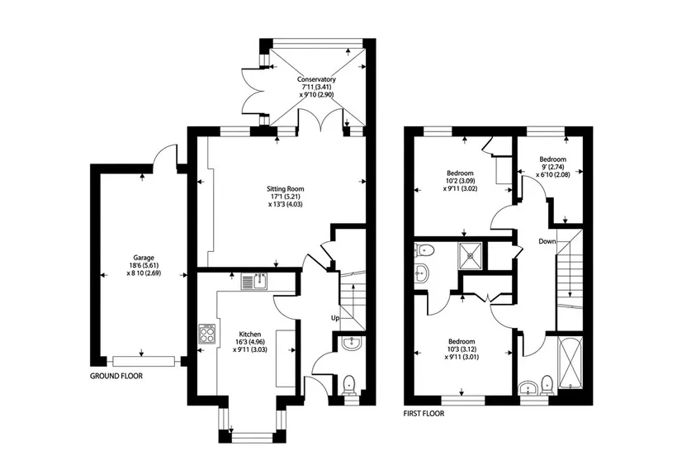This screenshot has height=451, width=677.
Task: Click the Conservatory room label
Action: coord(316,79)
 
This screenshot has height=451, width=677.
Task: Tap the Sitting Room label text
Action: coord(285,189)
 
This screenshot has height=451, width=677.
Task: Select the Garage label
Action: coord(144,258)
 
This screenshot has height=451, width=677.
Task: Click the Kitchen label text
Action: coord(250,335)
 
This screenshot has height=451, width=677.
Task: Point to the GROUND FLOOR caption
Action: coord(116,377)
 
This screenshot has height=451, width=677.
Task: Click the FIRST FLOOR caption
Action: coord(424,414)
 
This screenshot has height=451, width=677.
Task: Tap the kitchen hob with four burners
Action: coord(207,334)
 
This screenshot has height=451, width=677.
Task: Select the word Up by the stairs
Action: coord(335,318)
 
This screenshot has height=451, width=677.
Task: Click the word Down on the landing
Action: coord(547,241)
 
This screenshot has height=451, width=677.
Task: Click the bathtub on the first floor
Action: coord(570,363)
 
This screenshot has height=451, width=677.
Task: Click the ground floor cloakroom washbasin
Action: coord(353,344)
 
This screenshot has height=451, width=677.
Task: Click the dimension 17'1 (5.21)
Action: coord(285,197)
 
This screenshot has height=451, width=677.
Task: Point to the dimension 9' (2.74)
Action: coord(552,167)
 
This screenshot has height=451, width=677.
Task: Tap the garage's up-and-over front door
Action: coord(144,361)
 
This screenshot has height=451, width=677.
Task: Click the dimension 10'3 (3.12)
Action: coord(462,349)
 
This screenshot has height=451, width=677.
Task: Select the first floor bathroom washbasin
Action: coord(528,387)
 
